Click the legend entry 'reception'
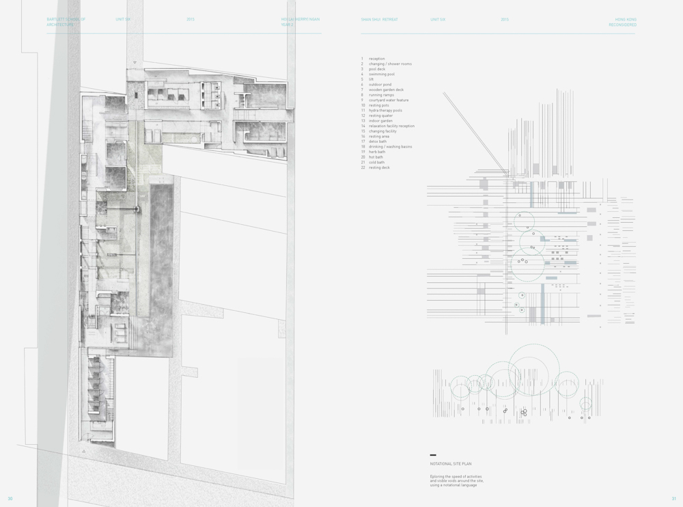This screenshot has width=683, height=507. click(376, 59)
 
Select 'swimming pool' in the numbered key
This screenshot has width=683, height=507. click(381, 74)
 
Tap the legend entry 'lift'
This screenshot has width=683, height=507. click(371, 79)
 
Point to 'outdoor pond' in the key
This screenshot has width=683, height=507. click(380, 85)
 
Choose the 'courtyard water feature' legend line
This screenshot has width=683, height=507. click(389, 100)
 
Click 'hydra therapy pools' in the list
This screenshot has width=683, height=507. click(385, 111)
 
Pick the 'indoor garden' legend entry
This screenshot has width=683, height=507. click(380, 121)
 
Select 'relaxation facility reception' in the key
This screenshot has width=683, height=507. click(391, 126)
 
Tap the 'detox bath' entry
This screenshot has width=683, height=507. click(377, 141)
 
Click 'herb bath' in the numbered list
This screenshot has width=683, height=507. click(376, 152)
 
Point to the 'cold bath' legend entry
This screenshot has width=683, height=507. click(376, 163)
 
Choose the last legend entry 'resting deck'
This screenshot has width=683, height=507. click(379, 167)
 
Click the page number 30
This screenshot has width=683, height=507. click(10, 499)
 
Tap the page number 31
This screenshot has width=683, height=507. click(673, 499)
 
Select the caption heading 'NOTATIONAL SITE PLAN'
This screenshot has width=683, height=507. click(451, 464)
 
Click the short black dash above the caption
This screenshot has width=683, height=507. click(433, 455)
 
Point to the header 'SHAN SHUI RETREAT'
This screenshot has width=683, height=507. click(379, 20)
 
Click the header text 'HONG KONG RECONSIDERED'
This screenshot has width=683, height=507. click(622, 22)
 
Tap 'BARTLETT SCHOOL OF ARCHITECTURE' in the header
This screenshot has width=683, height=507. click(66, 22)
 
